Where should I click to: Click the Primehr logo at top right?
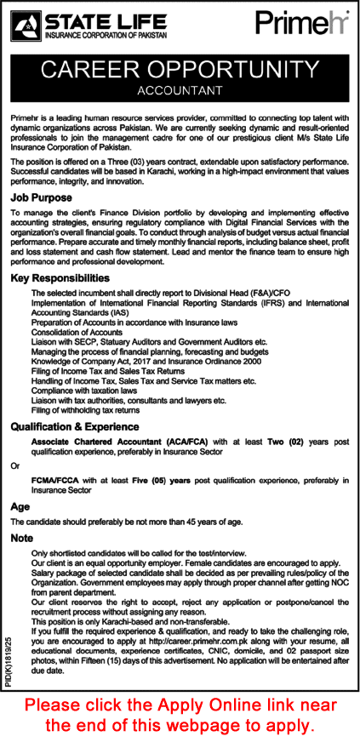tap(304, 23)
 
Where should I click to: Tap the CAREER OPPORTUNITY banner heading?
tap(180, 68)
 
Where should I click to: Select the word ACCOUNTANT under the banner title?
tap(180, 89)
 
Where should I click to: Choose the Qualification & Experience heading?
tap(77, 430)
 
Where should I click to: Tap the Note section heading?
tap(21, 538)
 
